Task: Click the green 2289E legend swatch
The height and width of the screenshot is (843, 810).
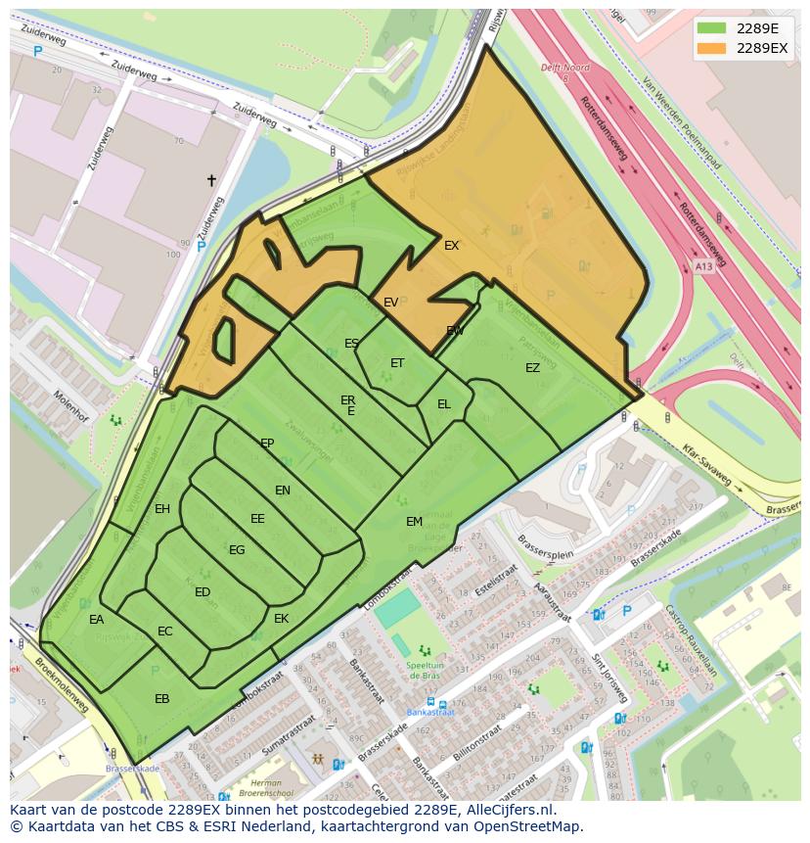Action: tap(711, 28)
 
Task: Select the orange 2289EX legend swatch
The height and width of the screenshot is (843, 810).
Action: tap(711, 48)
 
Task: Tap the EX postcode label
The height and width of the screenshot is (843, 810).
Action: tap(451, 246)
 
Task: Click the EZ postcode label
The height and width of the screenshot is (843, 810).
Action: tap(532, 368)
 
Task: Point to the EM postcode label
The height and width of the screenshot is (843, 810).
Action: tap(414, 522)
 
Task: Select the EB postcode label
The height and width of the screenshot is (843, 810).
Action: tap(162, 698)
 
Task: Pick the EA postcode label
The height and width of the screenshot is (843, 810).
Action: tap(96, 620)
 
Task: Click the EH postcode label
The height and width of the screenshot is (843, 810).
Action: tap(162, 508)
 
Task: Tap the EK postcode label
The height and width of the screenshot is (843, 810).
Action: tap(282, 619)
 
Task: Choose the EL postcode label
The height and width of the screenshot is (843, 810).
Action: tap(444, 403)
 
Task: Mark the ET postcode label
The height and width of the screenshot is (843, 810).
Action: tap(397, 363)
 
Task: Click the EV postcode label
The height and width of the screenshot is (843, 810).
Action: tap(390, 303)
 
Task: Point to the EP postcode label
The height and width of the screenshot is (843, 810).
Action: tap(267, 444)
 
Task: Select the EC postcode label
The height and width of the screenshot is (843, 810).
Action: tap(165, 632)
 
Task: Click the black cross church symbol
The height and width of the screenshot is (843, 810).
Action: tap(211, 180)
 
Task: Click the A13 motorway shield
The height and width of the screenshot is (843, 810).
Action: tap(702, 265)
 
